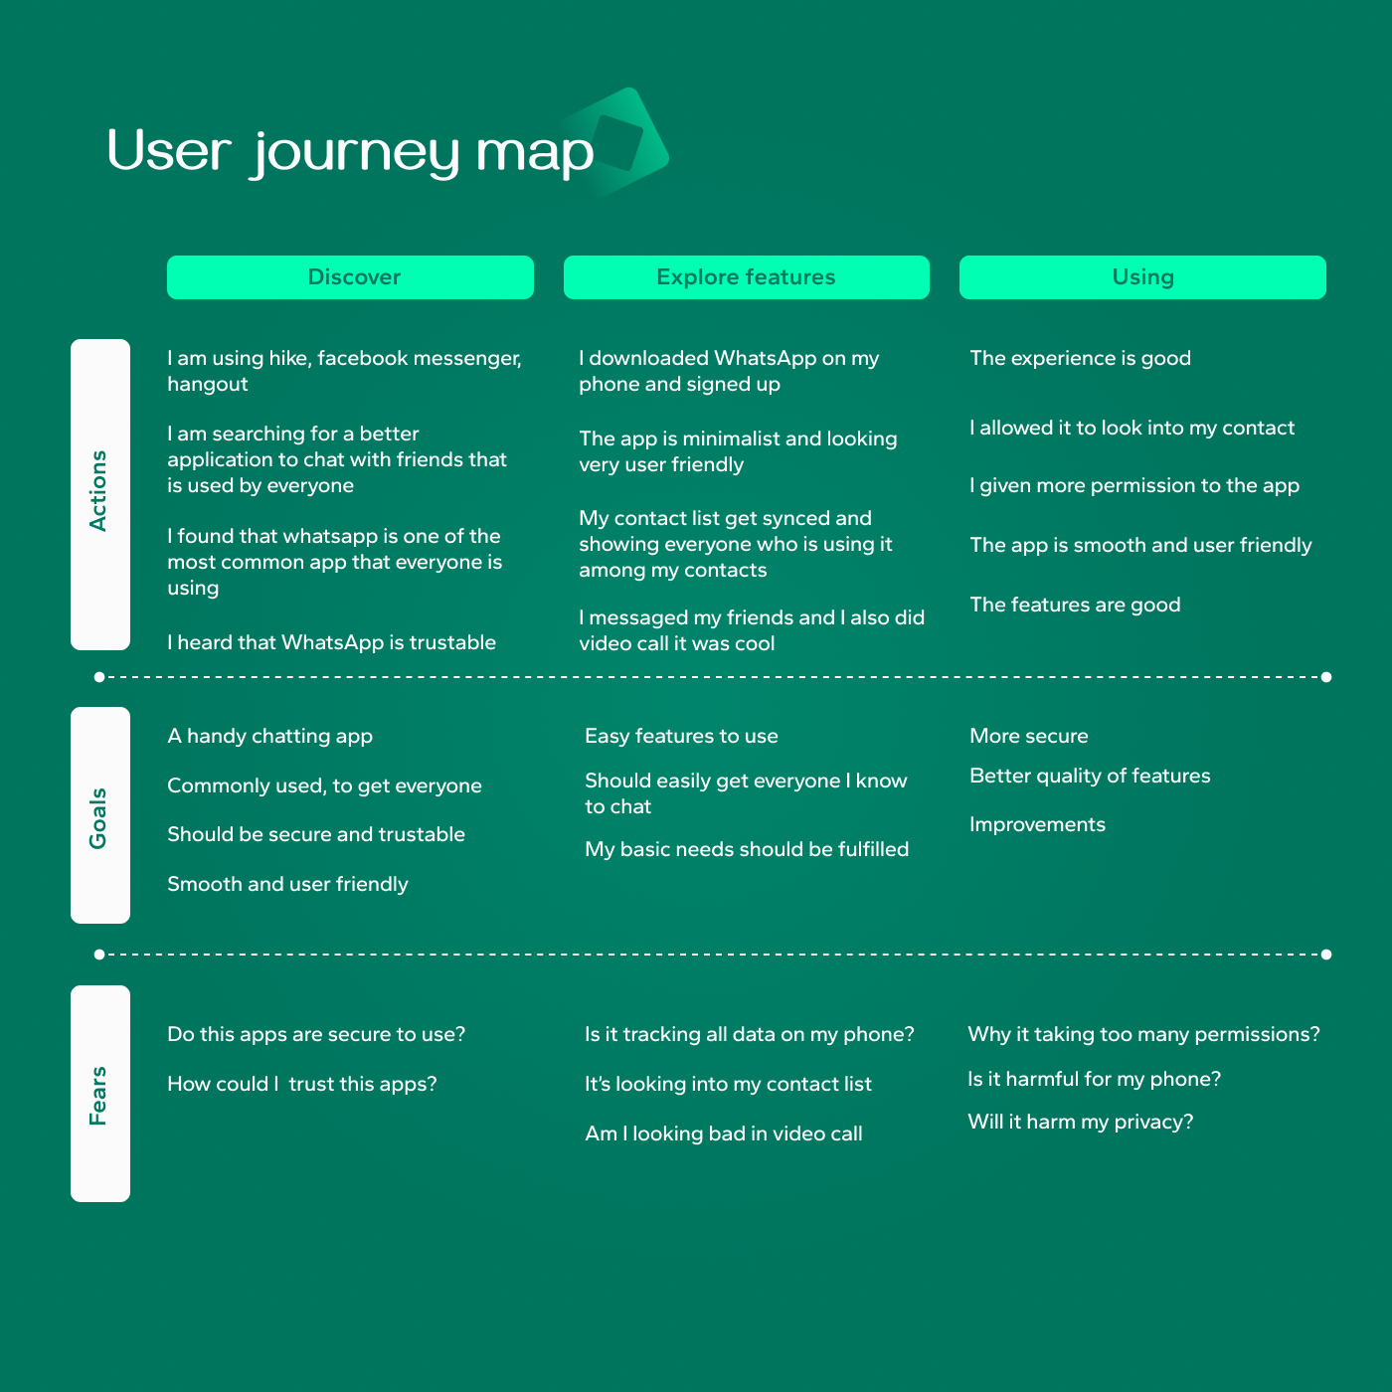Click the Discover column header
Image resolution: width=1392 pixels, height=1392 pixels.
[350, 276]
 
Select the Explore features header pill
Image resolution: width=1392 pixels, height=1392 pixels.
[746, 276]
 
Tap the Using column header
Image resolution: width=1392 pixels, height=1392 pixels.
[1142, 276]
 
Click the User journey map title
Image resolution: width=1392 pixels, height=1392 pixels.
[350, 152]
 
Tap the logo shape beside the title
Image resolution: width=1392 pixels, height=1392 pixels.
[616, 141]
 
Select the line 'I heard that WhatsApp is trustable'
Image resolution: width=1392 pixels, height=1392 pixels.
[331, 642]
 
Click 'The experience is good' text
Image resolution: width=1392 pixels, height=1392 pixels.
[1080, 358]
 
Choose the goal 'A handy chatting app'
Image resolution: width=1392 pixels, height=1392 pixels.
[270, 736]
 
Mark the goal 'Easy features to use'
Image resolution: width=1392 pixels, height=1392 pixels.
[681, 736]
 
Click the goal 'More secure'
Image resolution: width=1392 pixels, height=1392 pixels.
[1029, 736]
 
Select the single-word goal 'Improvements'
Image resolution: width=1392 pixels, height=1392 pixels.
[1037, 824]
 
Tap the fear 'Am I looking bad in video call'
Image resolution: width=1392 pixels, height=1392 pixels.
[723, 1133]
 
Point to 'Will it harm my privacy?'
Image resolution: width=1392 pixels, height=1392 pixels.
[1081, 1122]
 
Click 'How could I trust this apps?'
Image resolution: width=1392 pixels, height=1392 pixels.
[302, 1084]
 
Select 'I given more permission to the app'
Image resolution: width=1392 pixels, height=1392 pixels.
[1134, 485]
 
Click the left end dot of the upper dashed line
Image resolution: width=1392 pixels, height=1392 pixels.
[99, 677]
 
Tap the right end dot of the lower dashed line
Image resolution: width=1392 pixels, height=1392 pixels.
[1326, 955]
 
